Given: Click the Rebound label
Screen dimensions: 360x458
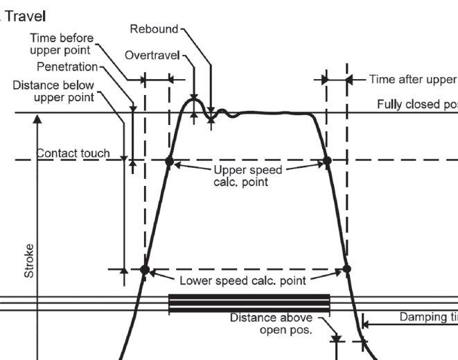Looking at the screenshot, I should pyautogui.click(x=154, y=29).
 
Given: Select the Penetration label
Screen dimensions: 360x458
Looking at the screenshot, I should pyautogui.click(x=67, y=67).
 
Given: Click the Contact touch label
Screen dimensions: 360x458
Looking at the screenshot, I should pyautogui.click(x=73, y=153).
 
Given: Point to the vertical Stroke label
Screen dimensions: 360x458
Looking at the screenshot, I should pyautogui.click(x=29, y=260).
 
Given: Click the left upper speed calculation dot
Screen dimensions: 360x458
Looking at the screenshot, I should pyautogui.click(x=169, y=161).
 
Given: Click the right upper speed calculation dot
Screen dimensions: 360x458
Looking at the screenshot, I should pyautogui.click(x=328, y=161).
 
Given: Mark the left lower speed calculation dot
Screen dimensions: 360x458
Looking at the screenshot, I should pyautogui.click(x=145, y=269).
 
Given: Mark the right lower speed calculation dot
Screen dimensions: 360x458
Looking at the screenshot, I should pyautogui.click(x=347, y=269).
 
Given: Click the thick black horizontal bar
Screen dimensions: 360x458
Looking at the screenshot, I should pyautogui.click(x=249, y=303).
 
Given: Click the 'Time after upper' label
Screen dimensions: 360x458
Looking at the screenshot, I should pyautogui.click(x=413, y=79).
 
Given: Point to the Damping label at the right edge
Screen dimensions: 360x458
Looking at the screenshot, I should pyautogui.click(x=428, y=317).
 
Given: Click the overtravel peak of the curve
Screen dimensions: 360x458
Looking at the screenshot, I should pyautogui.click(x=194, y=100).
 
